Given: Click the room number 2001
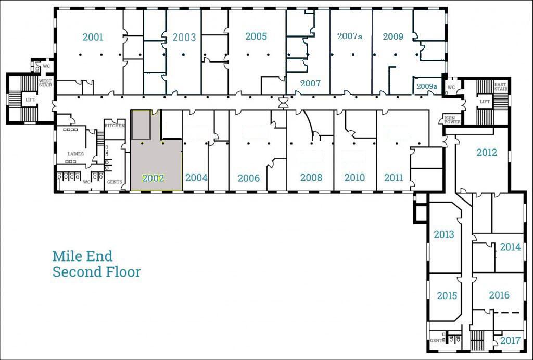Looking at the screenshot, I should (x=93, y=37).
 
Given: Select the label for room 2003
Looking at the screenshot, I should (x=184, y=38).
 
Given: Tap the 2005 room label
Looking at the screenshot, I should (x=256, y=36).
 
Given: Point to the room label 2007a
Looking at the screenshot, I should (x=350, y=36).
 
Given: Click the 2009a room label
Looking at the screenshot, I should (x=427, y=86).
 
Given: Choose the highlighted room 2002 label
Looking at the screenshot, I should (x=153, y=178).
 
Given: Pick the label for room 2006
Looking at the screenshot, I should (x=248, y=178).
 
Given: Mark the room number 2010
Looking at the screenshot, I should (x=354, y=178).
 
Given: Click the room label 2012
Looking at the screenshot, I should (x=487, y=153).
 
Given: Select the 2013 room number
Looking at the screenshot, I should (x=444, y=234).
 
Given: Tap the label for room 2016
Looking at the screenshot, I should (x=499, y=295).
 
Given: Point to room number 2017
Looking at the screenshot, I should (x=510, y=341).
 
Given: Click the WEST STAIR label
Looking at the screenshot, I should (x=45, y=83).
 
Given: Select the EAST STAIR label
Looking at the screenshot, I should (x=500, y=86).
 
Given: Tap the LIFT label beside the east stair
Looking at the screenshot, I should (x=485, y=102).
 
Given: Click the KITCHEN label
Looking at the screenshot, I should (x=115, y=126).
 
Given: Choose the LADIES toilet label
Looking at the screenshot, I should (x=75, y=154).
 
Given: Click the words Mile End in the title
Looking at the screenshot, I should (x=82, y=256).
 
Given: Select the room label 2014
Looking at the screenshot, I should (x=510, y=247).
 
